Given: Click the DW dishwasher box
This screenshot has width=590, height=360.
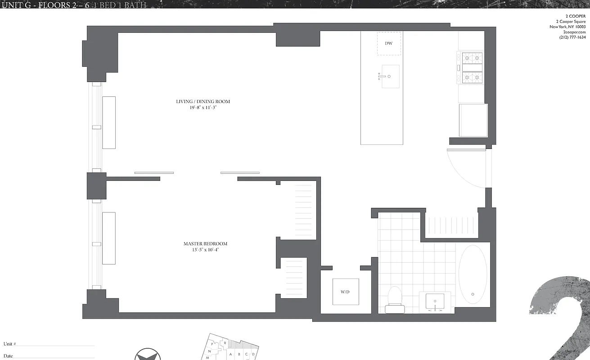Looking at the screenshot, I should tap(388, 44).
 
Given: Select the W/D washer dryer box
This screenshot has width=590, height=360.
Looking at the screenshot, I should tap(346, 292).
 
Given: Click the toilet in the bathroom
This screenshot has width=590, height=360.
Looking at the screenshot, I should tap(395, 299).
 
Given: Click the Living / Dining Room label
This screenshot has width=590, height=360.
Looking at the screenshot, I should tap(203, 102).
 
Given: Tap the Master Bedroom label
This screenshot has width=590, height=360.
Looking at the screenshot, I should tap(205, 244).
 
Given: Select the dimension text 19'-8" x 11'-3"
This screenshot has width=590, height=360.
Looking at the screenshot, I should tap(203, 108).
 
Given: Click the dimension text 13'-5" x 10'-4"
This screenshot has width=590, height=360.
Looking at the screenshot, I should tap(205, 249).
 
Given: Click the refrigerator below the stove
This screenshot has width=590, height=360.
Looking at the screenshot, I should tap(473, 120).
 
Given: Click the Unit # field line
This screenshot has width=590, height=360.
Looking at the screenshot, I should tap(56, 345).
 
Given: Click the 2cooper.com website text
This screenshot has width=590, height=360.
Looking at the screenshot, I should tap(574, 32).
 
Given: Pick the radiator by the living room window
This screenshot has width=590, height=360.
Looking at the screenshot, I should tap(109, 122).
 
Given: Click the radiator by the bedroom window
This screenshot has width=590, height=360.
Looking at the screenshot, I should tap(109, 238).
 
